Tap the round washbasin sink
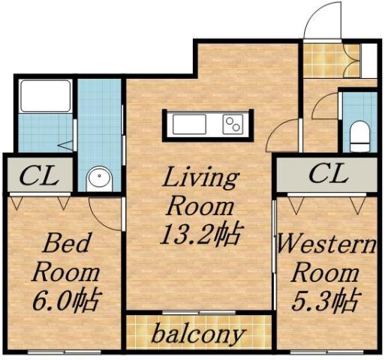click(x=99, y=179)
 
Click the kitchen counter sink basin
click(x=184, y=123)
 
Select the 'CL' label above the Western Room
click(x=328, y=175)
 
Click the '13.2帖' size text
click(x=200, y=234)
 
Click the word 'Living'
click(x=200, y=178)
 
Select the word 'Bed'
click(x=65, y=243)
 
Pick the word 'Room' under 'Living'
click(x=199, y=205)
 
